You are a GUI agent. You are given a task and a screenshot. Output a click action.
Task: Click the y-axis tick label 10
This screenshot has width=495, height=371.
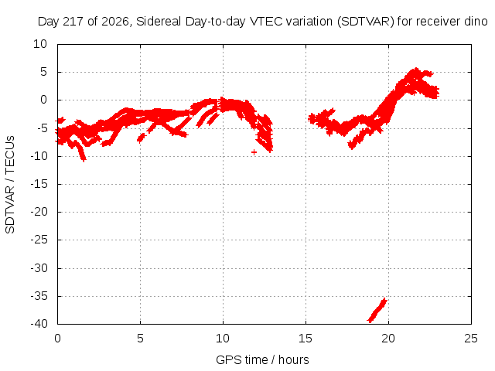click(40, 44)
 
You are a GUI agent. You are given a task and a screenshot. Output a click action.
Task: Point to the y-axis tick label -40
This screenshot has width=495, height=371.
click(39, 324)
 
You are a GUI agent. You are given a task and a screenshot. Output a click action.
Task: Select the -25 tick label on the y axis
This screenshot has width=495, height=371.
click(39, 240)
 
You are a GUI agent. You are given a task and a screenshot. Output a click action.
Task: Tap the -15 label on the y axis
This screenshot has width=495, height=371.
click(39, 184)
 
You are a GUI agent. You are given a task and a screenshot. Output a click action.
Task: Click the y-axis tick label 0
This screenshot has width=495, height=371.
click(43, 100)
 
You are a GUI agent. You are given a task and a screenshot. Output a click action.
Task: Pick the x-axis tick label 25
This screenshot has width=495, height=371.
click(471, 339)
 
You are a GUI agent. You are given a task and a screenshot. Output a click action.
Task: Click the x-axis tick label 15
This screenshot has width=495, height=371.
click(306, 339)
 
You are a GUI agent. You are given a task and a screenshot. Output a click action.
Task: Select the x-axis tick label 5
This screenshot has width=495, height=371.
click(140, 339)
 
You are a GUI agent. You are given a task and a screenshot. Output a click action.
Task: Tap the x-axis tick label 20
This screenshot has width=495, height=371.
click(388, 339)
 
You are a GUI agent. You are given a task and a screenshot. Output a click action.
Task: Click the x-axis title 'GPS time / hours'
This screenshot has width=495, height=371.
click(262, 360)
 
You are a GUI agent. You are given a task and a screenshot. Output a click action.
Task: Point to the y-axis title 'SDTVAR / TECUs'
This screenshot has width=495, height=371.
click(10, 185)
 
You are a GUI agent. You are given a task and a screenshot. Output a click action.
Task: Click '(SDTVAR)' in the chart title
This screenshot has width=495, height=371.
click(365, 22)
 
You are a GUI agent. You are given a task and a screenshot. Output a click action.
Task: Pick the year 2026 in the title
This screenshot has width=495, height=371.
click(115, 22)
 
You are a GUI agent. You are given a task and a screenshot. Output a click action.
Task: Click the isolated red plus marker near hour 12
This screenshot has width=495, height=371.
click(254, 152)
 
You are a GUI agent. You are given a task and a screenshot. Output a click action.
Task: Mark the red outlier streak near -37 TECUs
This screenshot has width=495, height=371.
click(377, 310)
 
